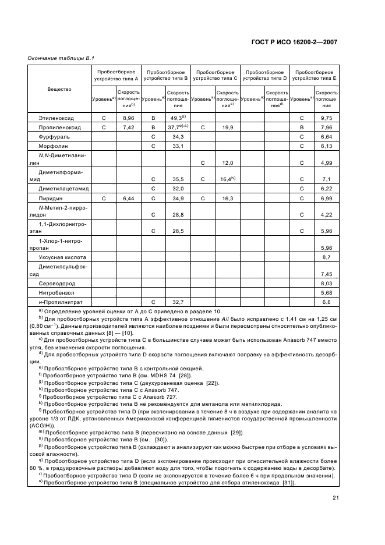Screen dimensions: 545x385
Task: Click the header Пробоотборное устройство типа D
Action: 264,75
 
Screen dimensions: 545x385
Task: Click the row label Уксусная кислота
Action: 62,257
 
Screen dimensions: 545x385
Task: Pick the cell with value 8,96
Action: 128,118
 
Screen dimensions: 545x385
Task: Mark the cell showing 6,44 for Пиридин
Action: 128,199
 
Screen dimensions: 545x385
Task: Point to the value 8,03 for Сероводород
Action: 326,284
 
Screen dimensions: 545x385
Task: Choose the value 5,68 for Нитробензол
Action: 326,293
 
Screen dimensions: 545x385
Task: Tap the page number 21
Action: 336,497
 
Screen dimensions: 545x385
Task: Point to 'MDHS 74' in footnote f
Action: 143,376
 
